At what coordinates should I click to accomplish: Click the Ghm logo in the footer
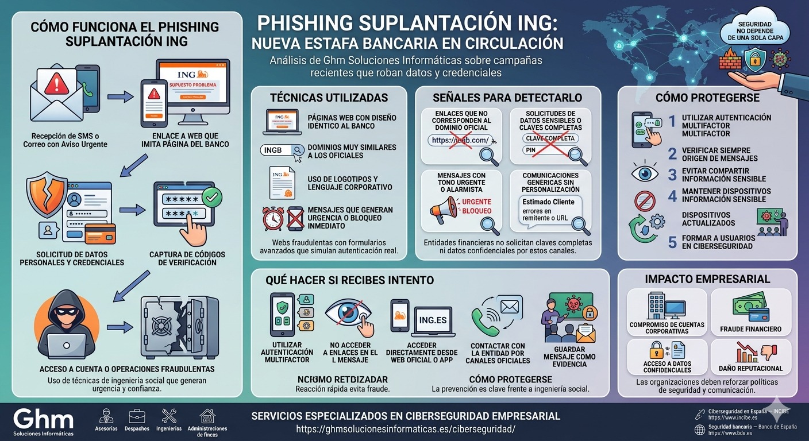click(43, 418)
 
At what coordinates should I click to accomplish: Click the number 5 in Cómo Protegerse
click(672, 242)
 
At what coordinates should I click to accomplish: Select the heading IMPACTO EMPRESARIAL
click(707, 280)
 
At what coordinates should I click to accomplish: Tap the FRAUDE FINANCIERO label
click(750, 329)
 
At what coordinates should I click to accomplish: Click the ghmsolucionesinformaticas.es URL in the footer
click(406, 429)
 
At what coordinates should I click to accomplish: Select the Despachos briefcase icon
click(137, 416)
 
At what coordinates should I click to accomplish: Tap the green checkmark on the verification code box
click(213, 198)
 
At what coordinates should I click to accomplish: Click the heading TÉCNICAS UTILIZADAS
click(329, 98)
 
